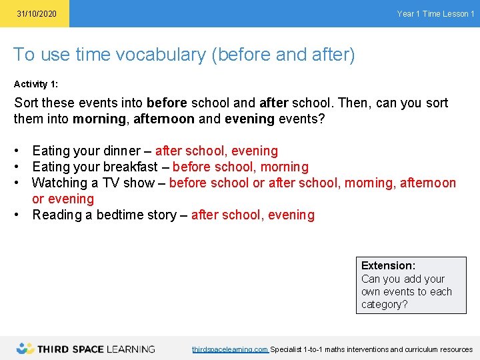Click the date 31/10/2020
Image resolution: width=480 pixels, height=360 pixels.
click(37, 14)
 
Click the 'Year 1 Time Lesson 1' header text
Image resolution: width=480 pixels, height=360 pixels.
click(435, 14)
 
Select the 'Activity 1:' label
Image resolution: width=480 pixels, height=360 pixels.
click(40, 85)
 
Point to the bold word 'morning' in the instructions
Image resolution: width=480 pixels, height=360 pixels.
click(100, 119)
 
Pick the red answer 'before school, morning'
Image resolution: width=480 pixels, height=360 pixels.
click(241, 167)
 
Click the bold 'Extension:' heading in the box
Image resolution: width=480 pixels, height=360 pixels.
click(388, 266)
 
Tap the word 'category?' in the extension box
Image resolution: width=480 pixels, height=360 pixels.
click(384, 305)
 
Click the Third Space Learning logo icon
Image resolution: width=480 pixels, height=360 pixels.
click(25, 348)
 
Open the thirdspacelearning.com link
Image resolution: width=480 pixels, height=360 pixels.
click(230, 349)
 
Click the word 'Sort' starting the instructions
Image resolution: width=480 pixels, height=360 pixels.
click(27, 103)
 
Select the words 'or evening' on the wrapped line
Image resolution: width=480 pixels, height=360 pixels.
click(63, 199)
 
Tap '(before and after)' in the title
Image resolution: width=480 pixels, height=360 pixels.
click(283, 55)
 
